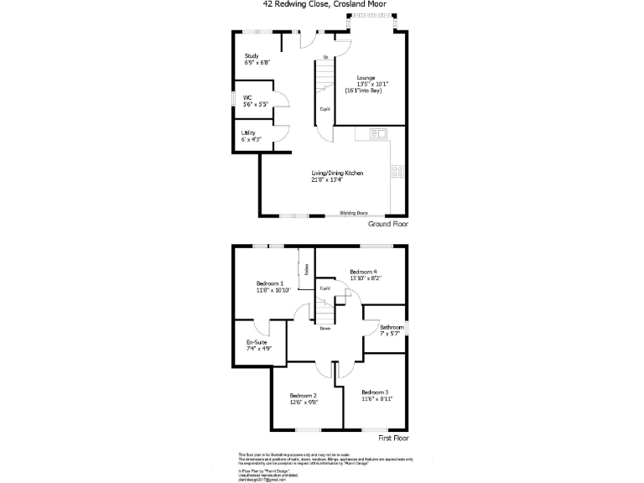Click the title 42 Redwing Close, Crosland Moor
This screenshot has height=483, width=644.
click(322, 4)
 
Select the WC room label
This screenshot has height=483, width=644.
click(248, 101)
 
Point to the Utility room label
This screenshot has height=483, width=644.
click(249, 136)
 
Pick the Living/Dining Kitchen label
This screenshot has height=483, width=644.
click(337, 175)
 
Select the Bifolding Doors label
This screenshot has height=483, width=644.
click(353, 213)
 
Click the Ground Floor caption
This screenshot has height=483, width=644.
click(388, 225)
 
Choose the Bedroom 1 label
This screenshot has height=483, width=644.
click(270, 287)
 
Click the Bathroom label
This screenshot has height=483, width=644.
click(392, 330)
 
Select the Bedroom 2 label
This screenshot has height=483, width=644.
click(303, 398)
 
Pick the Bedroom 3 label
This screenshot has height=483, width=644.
click(375, 395)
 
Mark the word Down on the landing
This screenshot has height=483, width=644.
click(324, 328)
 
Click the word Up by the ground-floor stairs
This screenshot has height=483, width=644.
click(325, 56)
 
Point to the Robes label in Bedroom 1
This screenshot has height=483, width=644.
click(307, 270)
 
